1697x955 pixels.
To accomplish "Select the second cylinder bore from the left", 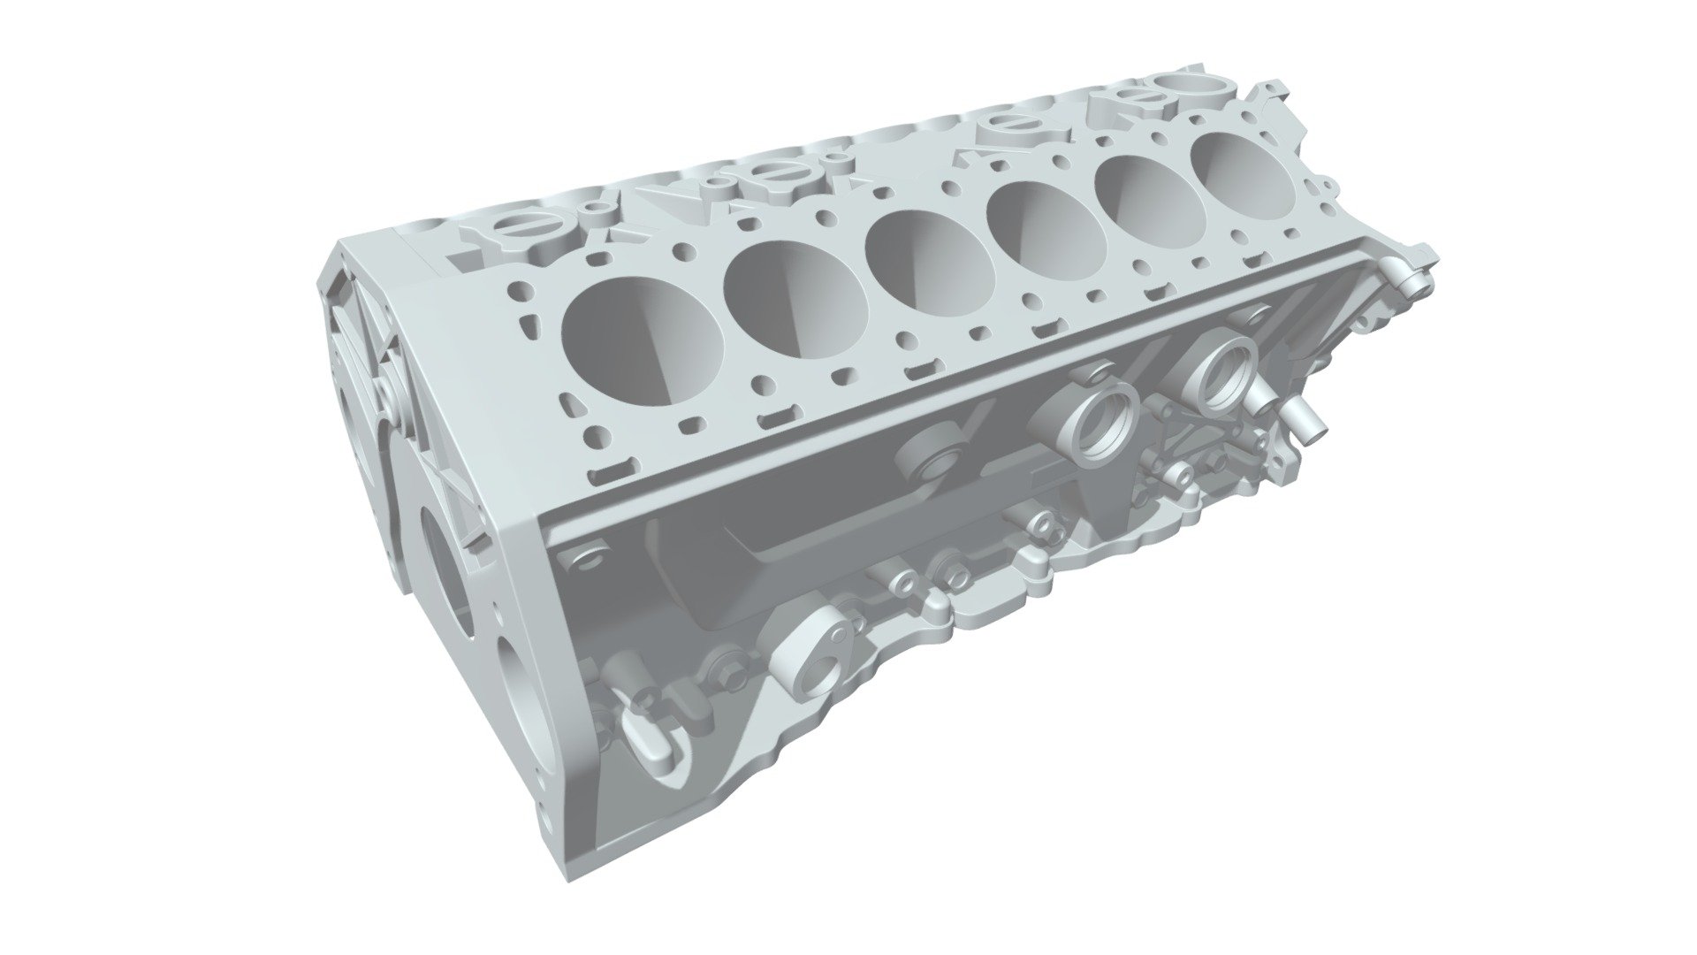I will coord(795,293).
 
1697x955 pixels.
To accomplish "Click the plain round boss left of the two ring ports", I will coord(929,455).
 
